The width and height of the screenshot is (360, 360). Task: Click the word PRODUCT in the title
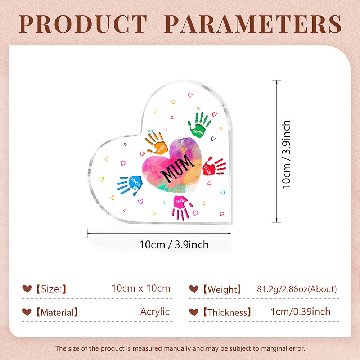pos(83,24)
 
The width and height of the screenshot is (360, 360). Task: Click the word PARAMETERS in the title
pos(253,24)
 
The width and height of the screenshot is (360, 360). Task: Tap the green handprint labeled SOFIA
pos(199,125)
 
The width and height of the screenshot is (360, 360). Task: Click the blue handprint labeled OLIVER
pos(130,185)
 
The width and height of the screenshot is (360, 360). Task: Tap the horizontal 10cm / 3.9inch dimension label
pos(174,245)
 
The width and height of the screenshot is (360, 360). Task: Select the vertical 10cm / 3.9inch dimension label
pos(286,154)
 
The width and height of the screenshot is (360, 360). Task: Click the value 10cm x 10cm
pos(141,288)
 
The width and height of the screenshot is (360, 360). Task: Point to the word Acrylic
pos(155,312)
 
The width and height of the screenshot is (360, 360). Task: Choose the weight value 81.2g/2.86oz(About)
pos(297,289)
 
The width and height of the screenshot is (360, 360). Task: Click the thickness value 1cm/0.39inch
pos(301,312)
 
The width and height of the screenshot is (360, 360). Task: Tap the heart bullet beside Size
pos(27,289)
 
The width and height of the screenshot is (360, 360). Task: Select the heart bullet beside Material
pos(27,312)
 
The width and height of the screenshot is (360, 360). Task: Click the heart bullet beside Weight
pos(194,289)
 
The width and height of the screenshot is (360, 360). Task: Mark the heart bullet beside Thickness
pos(194,312)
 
